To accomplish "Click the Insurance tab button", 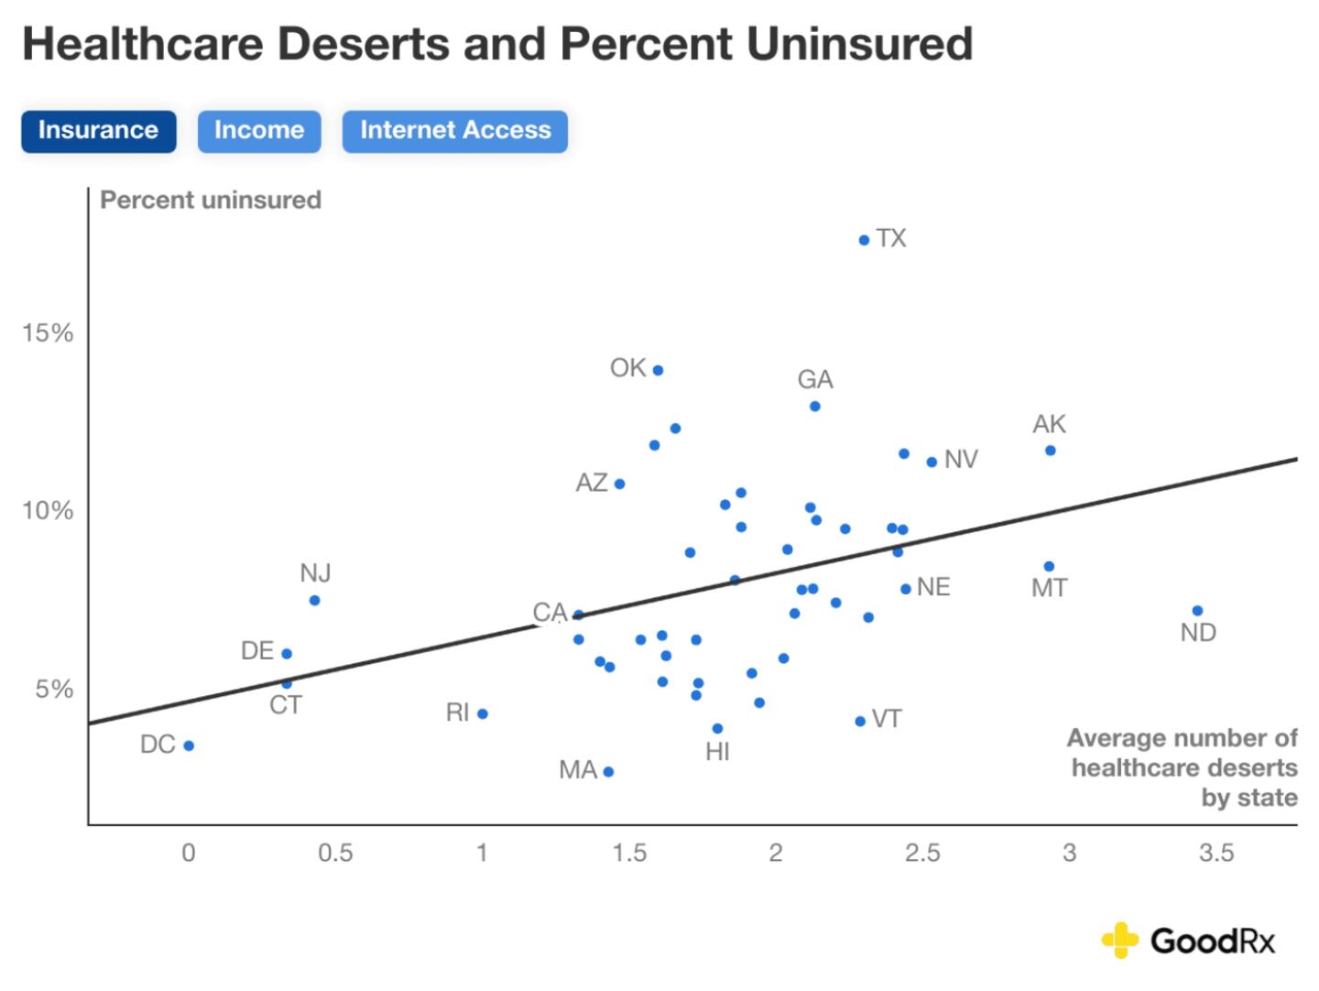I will point(98,131).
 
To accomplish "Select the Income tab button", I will point(259,131).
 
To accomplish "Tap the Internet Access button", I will point(455,131).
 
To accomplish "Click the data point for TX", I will point(864,240).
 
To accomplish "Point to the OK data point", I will point(658,370).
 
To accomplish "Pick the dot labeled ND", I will point(1197,611).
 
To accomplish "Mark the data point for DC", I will point(189,746).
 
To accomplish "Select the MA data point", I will point(608,771).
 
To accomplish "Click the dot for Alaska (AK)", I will point(1051,451).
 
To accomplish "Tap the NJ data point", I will point(314,601).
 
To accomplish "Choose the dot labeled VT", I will point(860,722).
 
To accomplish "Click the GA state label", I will point(815,379).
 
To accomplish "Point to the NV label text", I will point(961,460).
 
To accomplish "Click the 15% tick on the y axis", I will point(48,333).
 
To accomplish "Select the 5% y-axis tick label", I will point(54,690).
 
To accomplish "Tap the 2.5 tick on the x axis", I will point(922,854).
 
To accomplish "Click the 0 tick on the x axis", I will point(189,854).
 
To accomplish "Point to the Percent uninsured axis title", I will point(211,201).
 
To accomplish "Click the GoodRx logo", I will point(1188,941).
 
